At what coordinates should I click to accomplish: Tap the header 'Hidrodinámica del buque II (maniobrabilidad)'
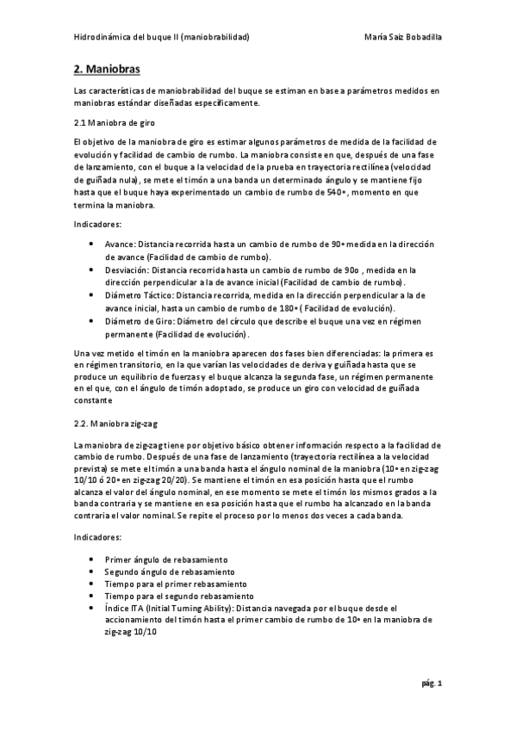pyautogui.click(x=161, y=37)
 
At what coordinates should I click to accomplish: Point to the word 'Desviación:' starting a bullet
pyautogui.click(x=127, y=270)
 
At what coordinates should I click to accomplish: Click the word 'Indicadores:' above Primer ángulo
pyautogui.click(x=98, y=537)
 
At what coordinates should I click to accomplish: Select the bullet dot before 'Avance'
pyautogui.click(x=92, y=244)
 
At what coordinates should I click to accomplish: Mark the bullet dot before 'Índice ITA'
pyautogui.click(x=92, y=608)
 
